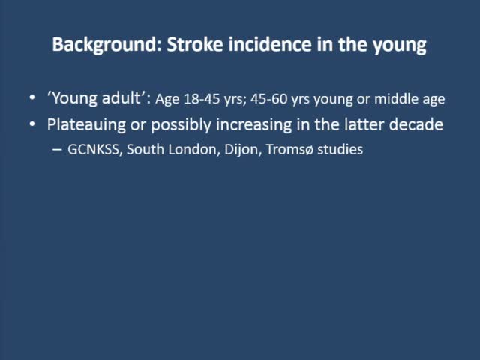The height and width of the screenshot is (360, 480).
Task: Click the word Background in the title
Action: (97, 45)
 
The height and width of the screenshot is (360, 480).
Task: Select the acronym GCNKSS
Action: (95, 149)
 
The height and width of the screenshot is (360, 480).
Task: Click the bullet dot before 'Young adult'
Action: (52, 99)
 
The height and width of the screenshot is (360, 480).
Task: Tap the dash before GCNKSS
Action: (59, 150)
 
